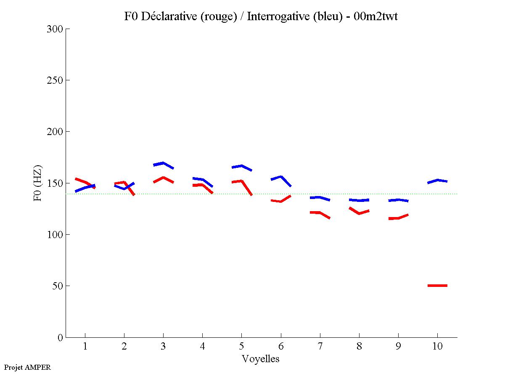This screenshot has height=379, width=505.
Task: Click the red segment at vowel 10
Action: tap(437, 286)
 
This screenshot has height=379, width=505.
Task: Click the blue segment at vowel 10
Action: tap(437, 180)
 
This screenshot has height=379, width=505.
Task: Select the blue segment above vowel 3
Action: tap(163, 163)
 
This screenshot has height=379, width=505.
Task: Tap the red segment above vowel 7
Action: tap(320, 213)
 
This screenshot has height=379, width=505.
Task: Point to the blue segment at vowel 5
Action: tap(241, 166)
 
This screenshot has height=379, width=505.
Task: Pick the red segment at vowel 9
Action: tap(398, 218)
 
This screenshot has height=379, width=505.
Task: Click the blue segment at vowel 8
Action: tap(359, 200)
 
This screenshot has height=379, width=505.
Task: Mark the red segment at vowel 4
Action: tap(202, 185)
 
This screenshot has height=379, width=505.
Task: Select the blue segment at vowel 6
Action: tap(281, 177)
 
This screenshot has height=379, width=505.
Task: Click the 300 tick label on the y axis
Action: tap(56, 29)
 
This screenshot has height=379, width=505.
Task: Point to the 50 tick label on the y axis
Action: tap(58, 286)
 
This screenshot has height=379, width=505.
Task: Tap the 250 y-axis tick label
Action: tap(56, 80)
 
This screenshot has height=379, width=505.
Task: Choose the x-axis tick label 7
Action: tap(320, 347)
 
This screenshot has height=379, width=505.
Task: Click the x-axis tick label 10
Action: tap(437, 347)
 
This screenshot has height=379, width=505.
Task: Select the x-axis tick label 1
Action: tap(85, 347)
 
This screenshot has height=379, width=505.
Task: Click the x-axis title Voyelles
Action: tap(261, 359)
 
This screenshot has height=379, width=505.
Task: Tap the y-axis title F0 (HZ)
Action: tap(38, 183)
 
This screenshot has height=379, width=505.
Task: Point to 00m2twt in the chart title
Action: tap(376, 16)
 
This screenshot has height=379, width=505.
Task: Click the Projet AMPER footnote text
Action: tap(27, 367)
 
